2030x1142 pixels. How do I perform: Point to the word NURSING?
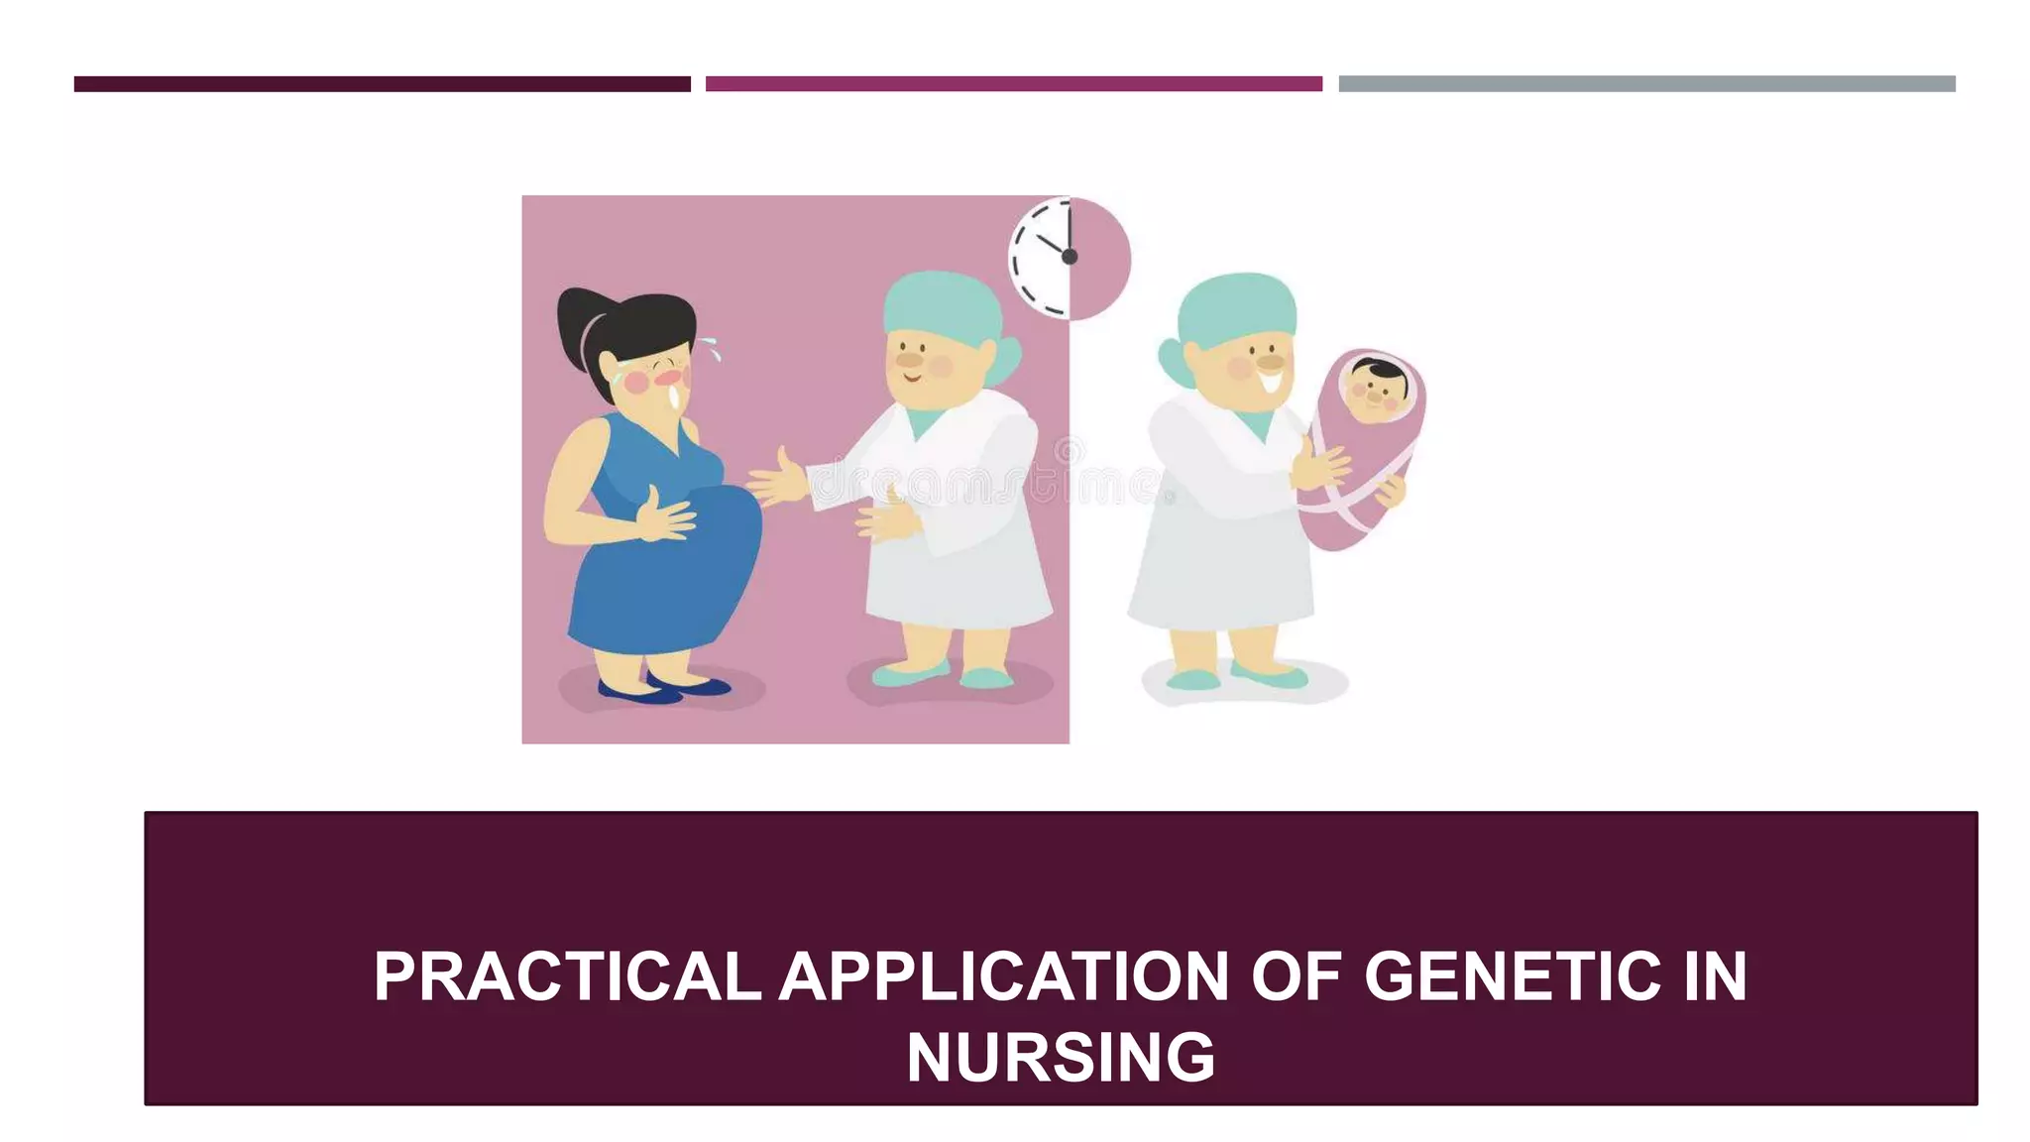pos(1060,1058)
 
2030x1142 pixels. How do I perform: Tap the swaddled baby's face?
pos(1376,386)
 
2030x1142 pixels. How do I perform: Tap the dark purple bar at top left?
pos(382,84)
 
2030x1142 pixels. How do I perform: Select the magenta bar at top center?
pos(1013,84)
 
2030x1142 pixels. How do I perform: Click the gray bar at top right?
pos(1646,84)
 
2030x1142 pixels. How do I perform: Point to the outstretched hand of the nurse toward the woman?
pos(777,481)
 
